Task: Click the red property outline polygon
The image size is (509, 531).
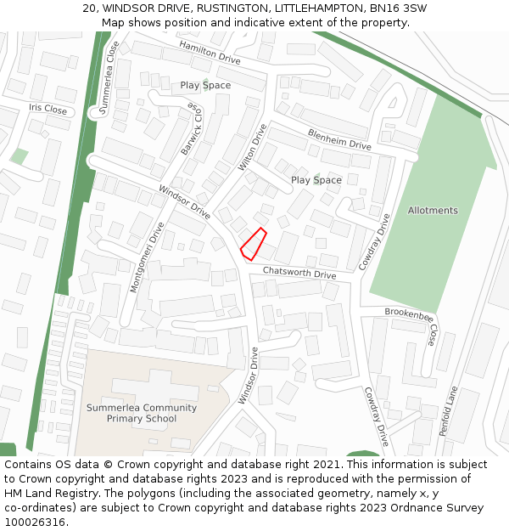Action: click(x=254, y=244)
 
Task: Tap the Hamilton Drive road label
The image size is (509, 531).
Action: click(x=210, y=53)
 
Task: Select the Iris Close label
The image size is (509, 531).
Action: click(x=48, y=110)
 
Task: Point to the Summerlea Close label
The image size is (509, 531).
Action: click(x=108, y=77)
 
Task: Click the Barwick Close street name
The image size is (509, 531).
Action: click(x=191, y=129)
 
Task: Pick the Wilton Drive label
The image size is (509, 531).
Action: click(x=253, y=147)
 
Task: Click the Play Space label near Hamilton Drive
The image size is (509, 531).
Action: click(x=205, y=86)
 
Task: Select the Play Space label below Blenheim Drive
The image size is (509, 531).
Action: click(x=316, y=180)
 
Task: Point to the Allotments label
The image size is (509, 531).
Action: click(x=433, y=211)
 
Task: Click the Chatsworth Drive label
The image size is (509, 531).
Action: click(x=299, y=274)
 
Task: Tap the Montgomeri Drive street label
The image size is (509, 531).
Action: click(x=146, y=257)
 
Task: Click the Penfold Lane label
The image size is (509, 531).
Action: click(x=448, y=410)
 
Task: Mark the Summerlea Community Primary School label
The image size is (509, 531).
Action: click(x=142, y=413)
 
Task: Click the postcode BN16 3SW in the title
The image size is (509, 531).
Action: click(x=398, y=8)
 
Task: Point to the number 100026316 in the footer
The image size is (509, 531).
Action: click(x=36, y=522)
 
